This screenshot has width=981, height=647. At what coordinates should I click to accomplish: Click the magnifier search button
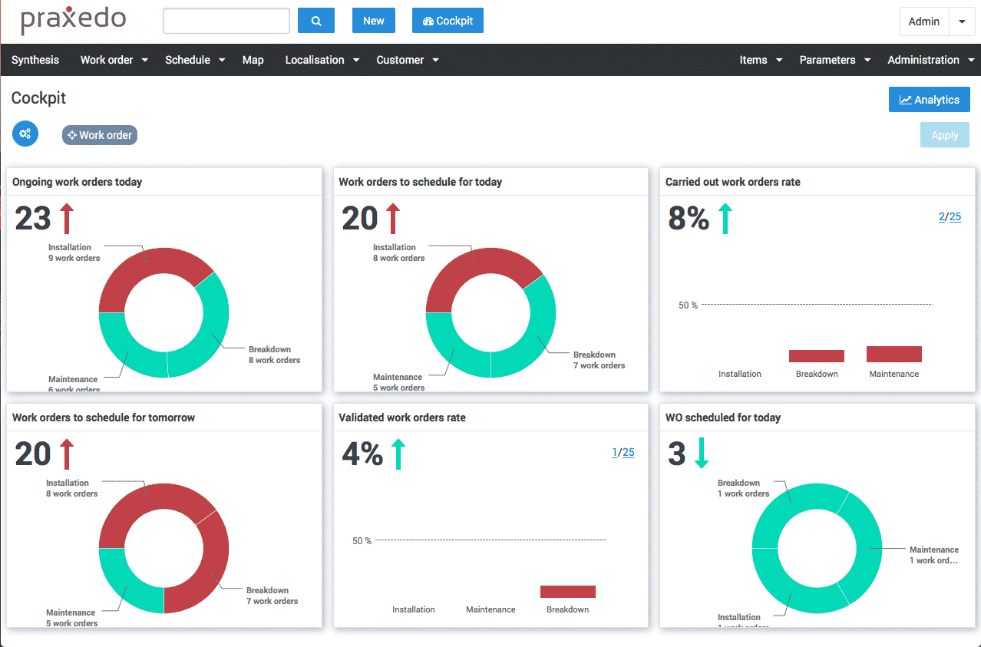[x=315, y=21]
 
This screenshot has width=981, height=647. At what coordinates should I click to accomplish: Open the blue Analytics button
[x=929, y=100]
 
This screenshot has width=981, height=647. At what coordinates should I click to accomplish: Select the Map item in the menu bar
[x=253, y=60]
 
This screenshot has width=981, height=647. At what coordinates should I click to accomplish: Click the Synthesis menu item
[x=35, y=60]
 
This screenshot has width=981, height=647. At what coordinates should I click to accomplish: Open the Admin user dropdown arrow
[x=962, y=21]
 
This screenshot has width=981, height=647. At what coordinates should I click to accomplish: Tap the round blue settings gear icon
[x=25, y=134]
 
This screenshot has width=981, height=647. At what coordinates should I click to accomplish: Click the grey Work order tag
[x=100, y=135]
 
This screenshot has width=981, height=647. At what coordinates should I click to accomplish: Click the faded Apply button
[x=944, y=135]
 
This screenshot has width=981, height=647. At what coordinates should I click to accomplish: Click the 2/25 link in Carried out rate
[x=950, y=216]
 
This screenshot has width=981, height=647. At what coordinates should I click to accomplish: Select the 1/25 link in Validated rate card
[x=623, y=452]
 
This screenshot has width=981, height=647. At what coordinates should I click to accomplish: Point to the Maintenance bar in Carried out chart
[x=893, y=354]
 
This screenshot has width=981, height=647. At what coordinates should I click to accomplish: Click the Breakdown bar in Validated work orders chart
[x=567, y=592]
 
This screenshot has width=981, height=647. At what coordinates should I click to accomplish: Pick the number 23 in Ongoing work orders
[x=33, y=219]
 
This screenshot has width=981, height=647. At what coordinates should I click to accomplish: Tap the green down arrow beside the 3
[x=701, y=454]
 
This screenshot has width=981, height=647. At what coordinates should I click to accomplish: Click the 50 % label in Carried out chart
[x=688, y=305]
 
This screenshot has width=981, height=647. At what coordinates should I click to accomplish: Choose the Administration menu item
[x=923, y=60]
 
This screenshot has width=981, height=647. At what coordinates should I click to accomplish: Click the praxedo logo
[x=73, y=21]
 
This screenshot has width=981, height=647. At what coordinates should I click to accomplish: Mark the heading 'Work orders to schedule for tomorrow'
[x=104, y=418]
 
